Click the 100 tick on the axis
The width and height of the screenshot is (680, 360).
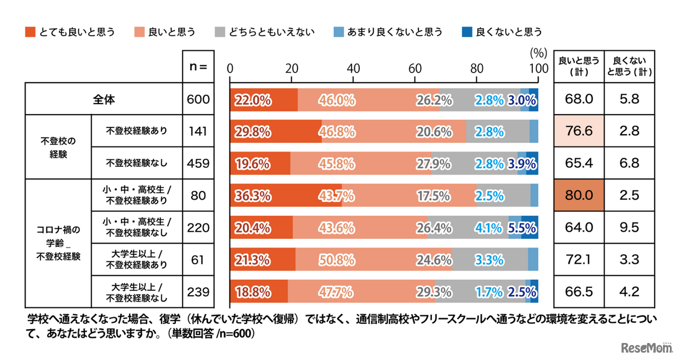click(x=538, y=68)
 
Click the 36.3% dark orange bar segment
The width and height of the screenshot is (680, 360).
click(x=285, y=196)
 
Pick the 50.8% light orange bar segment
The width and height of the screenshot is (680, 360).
click(x=374, y=260)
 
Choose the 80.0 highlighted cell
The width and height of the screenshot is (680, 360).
click(x=579, y=195)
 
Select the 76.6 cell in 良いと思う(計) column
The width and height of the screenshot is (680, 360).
click(x=579, y=131)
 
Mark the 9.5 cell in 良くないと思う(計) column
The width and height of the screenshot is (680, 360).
click(x=629, y=228)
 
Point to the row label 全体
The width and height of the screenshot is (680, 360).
click(x=104, y=99)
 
